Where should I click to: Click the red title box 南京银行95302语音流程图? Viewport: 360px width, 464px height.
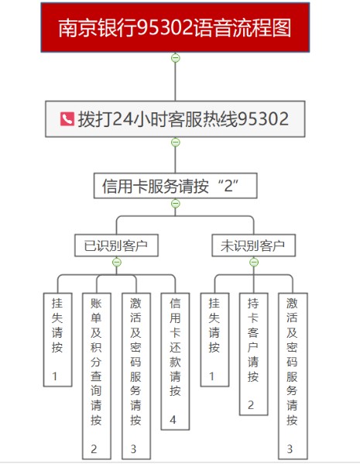(x=175, y=28)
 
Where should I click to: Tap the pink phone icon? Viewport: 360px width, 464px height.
(x=67, y=119)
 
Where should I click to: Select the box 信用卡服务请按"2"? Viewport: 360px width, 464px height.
(x=176, y=186)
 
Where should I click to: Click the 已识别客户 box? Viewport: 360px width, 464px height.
(x=117, y=246)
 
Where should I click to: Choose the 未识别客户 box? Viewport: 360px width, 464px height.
(x=254, y=246)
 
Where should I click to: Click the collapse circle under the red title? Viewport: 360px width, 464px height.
(x=176, y=58)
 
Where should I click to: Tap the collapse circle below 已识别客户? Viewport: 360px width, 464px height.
(x=117, y=262)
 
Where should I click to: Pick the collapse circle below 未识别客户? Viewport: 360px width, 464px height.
(x=254, y=262)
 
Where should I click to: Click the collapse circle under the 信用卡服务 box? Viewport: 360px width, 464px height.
(x=176, y=204)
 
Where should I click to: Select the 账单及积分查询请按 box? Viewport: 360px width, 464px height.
(x=97, y=376)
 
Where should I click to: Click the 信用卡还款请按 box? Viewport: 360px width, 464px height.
(x=175, y=361)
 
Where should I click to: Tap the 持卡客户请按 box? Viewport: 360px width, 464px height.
(x=253, y=354)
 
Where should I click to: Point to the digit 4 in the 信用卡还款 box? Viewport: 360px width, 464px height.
(x=173, y=420)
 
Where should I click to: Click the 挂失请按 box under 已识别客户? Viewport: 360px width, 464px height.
(x=58, y=340)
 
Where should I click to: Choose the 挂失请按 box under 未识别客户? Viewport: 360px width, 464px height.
(x=214, y=340)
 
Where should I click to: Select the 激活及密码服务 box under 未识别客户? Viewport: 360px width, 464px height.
(x=293, y=376)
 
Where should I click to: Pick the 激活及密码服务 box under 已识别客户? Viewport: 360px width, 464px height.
(x=136, y=376)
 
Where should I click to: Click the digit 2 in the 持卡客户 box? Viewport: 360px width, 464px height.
(x=251, y=405)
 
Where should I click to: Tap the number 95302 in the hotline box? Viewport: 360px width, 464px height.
(x=263, y=119)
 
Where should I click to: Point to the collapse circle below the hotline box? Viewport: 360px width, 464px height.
(x=176, y=143)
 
